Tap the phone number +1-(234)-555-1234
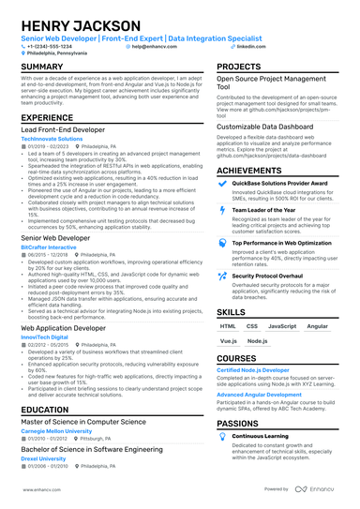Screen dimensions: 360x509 (x=52, y=45)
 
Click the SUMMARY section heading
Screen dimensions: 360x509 (x=42, y=67)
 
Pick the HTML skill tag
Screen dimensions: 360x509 (x=228, y=326)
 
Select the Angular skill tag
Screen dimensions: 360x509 (x=318, y=326)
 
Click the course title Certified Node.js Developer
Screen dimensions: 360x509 (x=253, y=370)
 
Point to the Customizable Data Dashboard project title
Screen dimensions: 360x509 (x=263, y=126)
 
